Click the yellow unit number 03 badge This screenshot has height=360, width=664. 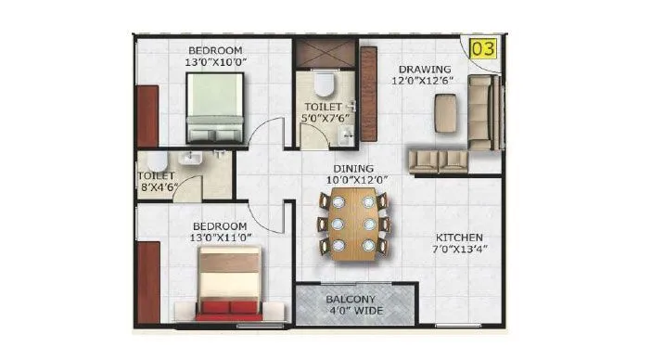[x=482, y=47]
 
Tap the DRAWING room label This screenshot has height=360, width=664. [x=425, y=70]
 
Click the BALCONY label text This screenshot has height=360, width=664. [x=351, y=300]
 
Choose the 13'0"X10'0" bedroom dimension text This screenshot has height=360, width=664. [x=214, y=62]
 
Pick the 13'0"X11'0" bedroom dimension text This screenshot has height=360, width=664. [x=220, y=238]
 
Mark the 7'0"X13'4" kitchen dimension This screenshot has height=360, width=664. [x=460, y=249]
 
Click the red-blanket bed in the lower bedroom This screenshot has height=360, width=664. [x=229, y=285]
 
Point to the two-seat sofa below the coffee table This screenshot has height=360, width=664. [x=439, y=160]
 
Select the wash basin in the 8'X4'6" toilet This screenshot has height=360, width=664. [x=192, y=159]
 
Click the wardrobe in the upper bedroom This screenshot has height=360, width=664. [x=147, y=115]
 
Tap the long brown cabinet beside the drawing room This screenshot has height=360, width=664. [x=368, y=93]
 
